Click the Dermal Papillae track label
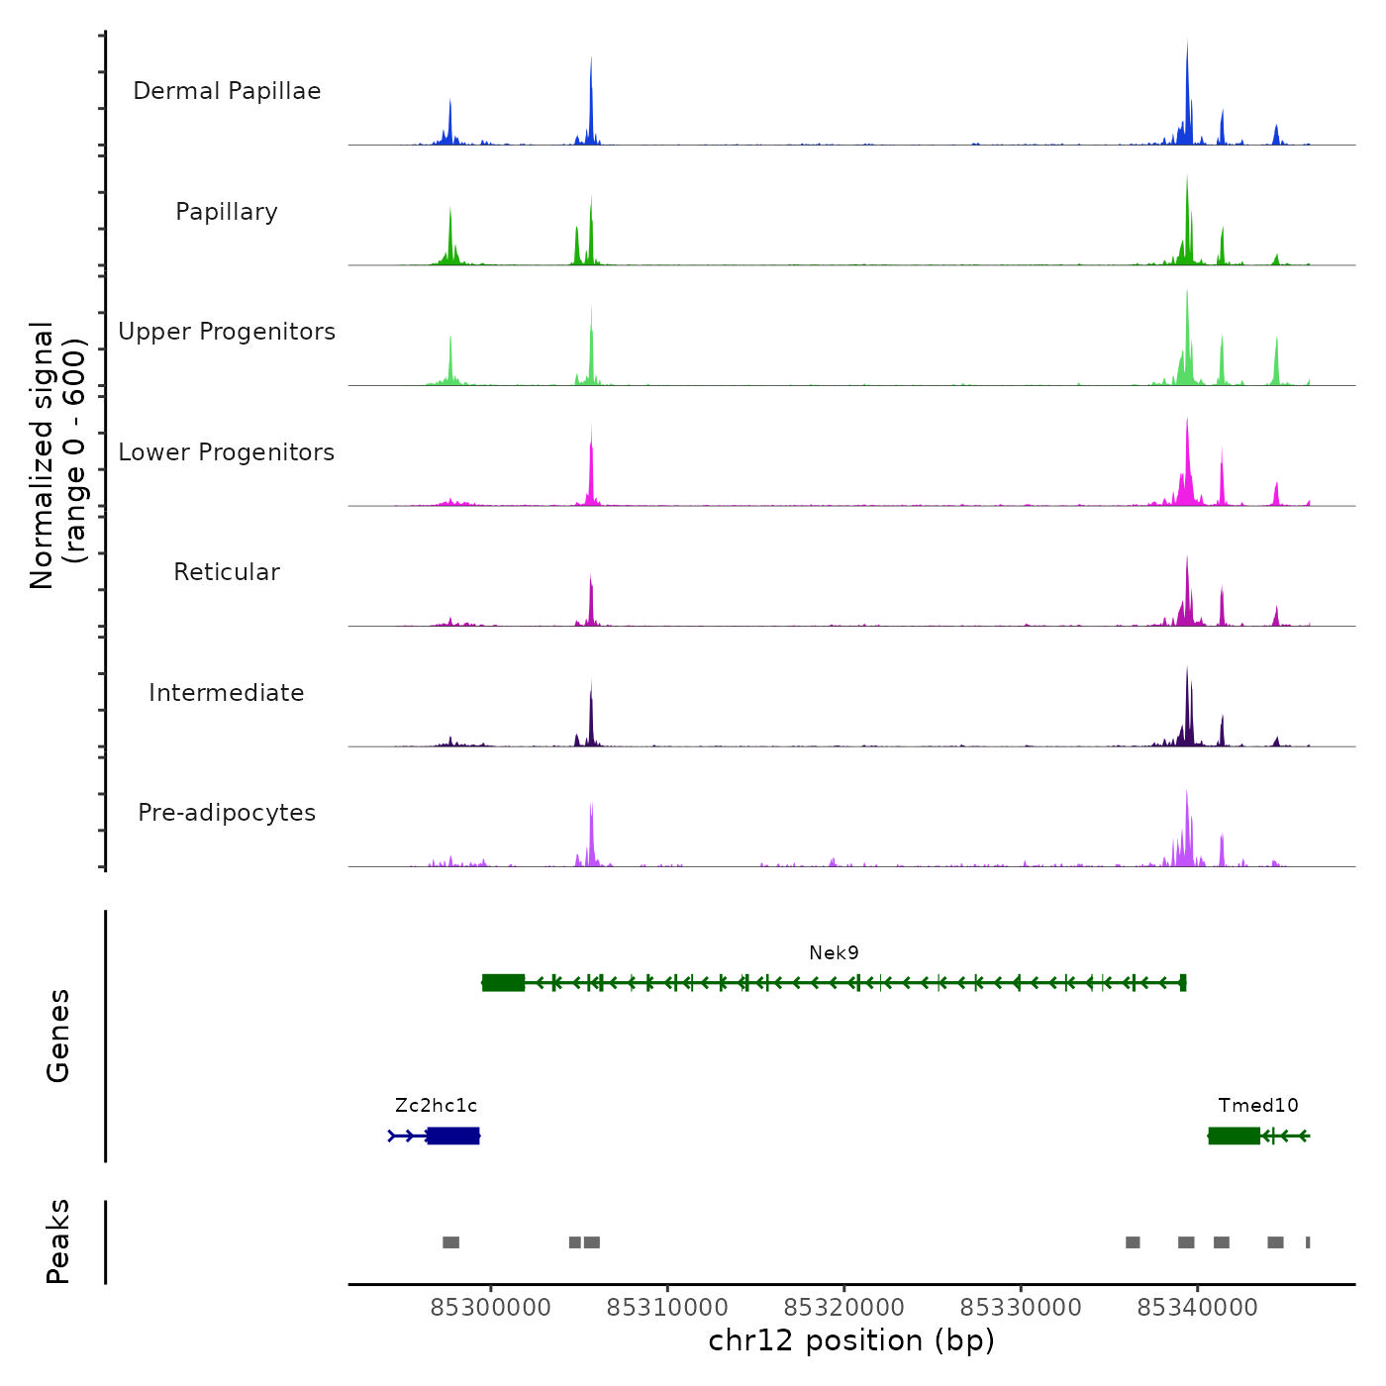[x=227, y=91]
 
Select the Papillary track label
[x=227, y=212]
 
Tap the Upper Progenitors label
[x=227, y=332]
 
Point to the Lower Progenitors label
[x=227, y=452]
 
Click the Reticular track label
[x=227, y=572]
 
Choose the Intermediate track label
[x=227, y=693]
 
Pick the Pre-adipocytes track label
[x=227, y=813]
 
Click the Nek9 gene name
[x=834, y=953]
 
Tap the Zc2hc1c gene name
[x=436, y=1106]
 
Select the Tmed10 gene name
[x=1258, y=1106]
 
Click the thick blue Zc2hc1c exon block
[x=453, y=1136]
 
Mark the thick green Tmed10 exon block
[x=1234, y=1136]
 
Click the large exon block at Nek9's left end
[x=503, y=982]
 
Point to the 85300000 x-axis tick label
[x=490, y=1308]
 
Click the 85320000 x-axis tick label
[x=844, y=1308]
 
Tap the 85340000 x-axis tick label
[x=1197, y=1308]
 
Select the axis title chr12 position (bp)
[x=851, y=1340]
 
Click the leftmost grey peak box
[x=450, y=1242]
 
